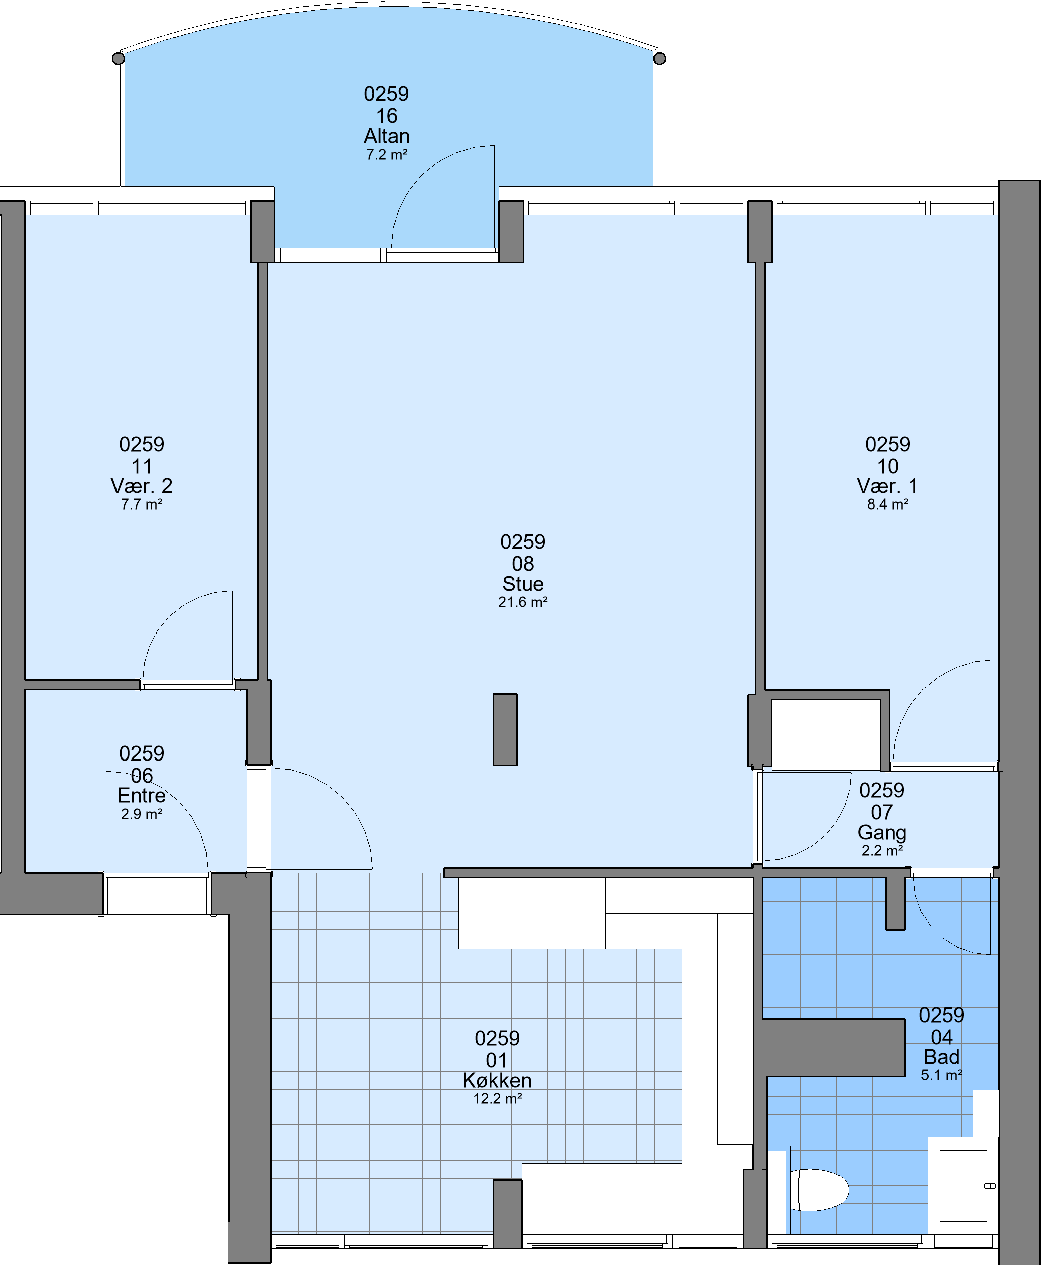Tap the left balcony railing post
coord(119,58)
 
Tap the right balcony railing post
coord(660,58)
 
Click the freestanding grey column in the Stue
coord(505,729)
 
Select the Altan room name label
coord(387,136)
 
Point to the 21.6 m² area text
coord(523,602)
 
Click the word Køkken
coord(497,1080)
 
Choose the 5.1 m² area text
coord(942,1075)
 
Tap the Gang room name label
coord(882,832)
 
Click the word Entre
coord(142,795)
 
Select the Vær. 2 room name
coord(142,485)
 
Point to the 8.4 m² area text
coord(888,504)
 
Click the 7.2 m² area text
coord(387,154)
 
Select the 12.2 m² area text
coord(498,1098)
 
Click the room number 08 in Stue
coord(523,564)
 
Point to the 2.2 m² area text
coord(882,850)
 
